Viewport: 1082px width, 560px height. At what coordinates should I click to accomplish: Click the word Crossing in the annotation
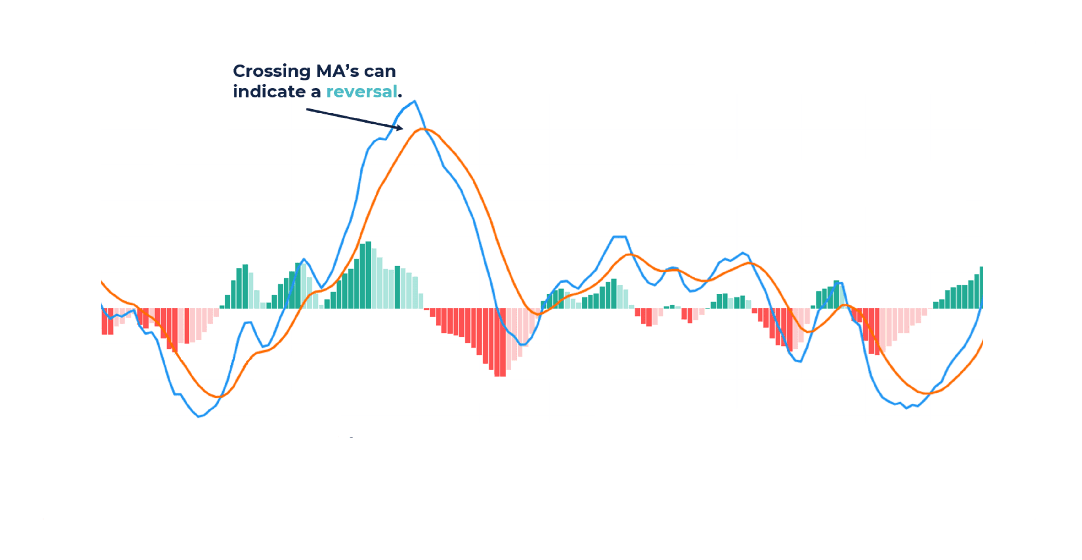point(271,71)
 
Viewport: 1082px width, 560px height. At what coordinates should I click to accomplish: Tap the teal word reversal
point(361,92)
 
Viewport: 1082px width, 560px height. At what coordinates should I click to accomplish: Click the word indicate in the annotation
point(269,92)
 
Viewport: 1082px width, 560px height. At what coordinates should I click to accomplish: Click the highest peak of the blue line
point(414,101)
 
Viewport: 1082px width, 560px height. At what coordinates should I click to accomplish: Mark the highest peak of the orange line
point(422,129)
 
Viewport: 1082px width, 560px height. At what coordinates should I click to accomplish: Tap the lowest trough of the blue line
point(199,416)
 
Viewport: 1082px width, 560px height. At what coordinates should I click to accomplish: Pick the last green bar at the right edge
point(981,288)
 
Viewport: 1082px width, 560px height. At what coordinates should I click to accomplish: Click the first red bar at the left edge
point(104,321)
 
